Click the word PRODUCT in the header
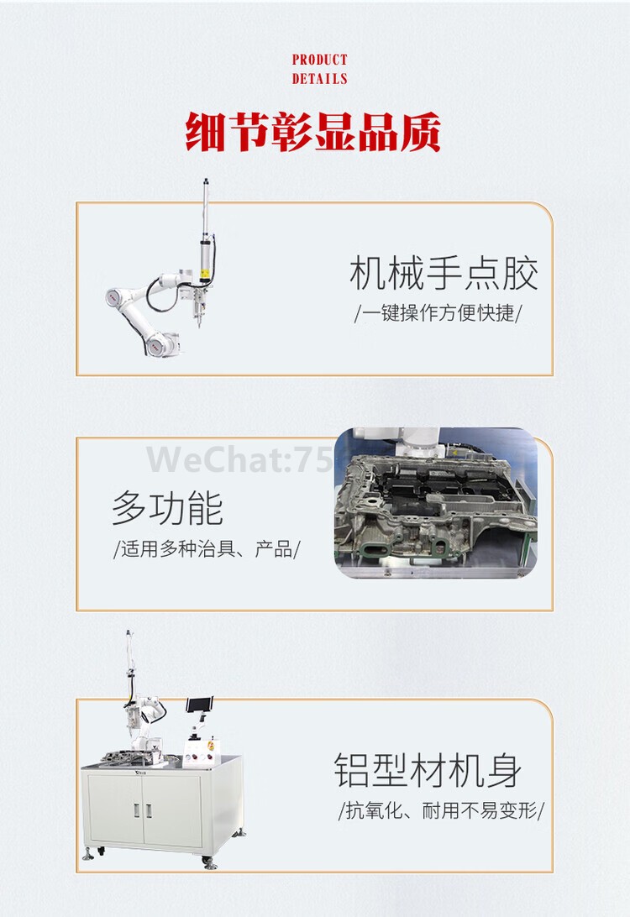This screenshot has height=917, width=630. pos(319,60)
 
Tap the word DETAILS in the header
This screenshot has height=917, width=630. pos(319,79)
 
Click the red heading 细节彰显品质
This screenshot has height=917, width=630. pos(313,134)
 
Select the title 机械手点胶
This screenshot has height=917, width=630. pos(444,275)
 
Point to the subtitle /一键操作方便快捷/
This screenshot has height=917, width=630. pos(437,313)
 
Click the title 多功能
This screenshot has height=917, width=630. pos(167,509)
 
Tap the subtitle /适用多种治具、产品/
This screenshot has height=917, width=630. pos(207,551)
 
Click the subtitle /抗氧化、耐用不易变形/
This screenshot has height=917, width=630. pos(441,811)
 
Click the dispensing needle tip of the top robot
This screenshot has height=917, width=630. pos(199,326)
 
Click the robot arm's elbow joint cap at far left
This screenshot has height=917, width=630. pos(114,297)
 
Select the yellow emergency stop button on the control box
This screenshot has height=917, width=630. pos(211,744)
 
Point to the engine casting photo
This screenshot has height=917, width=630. pos(436,504)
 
